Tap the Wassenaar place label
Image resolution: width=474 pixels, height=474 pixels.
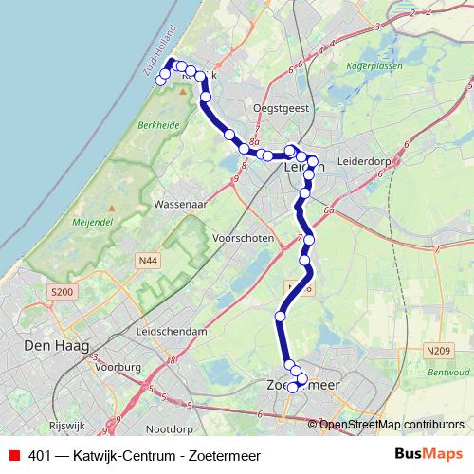(180, 205)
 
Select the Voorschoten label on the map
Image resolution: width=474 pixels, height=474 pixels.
(244, 238)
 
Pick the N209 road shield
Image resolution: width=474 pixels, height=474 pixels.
(438, 352)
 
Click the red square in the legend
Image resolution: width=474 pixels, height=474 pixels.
(13, 454)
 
